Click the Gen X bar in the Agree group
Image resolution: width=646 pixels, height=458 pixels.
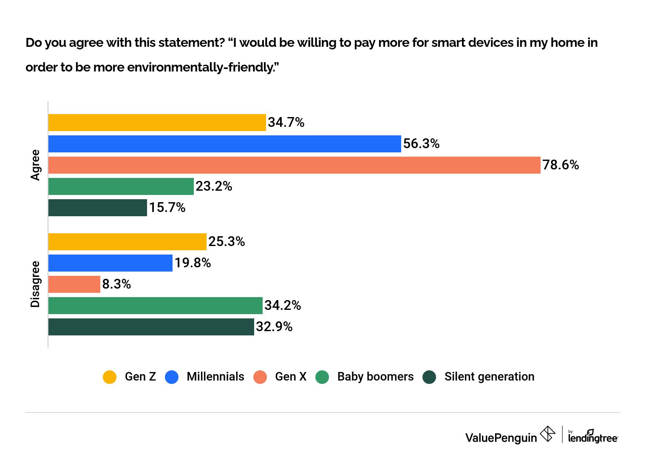click(x=294, y=165)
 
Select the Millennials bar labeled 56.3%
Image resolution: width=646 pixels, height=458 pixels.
click(x=224, y=144)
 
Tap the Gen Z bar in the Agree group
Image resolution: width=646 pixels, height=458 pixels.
click(x=157, y=123)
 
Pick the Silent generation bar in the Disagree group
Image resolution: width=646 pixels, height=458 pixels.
click(x=151, y=327)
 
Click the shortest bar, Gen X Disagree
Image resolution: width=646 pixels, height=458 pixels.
click(x=74, y=284)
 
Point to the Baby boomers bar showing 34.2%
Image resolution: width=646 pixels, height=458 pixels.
click(x=155, y=306)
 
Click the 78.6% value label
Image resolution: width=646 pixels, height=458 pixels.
click(x=561, y=165)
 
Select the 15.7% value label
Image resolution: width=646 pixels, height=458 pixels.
click(x=167, y=208)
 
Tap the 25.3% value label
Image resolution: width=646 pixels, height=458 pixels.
click(x=227, y=242)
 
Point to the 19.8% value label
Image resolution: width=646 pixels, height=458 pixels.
click(x=193, y=263)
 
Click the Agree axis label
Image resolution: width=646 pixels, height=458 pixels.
click(x=35, y=165)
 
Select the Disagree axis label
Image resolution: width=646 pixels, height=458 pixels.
click(x=35, y=284)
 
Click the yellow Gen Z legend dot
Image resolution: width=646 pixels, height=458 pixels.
click(x=110, y=377)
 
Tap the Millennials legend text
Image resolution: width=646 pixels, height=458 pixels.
click(x=215, y=377)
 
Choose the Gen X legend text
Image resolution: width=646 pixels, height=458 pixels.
click(x=291, y=377)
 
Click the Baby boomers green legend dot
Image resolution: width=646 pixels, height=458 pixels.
click(x=322, y=377)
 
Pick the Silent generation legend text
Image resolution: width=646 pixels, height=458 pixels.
click(x=489, y=377)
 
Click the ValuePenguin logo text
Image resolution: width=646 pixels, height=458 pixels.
click(x=501, y=438)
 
